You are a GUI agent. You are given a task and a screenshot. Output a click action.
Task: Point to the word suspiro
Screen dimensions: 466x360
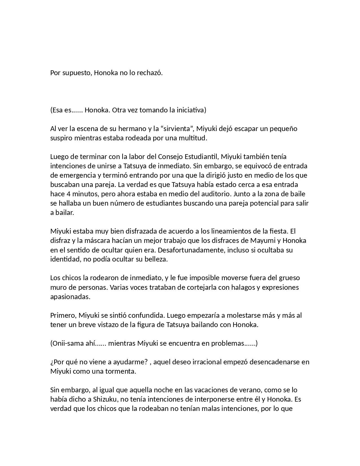coord(61,138)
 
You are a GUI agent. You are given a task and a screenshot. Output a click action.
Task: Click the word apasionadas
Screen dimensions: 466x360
coord(70,297)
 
